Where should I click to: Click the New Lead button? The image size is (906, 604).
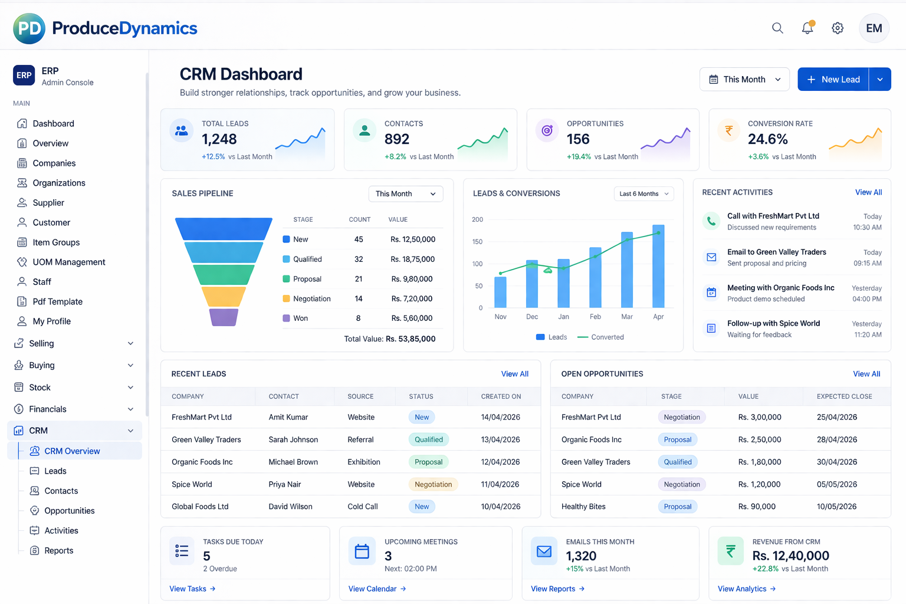pyautogui.click(x=833, y=80)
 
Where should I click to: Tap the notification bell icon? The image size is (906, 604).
pyautogui.click(x=807, y=28)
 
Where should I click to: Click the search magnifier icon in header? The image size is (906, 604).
pyautogui.click(x=777, y=28)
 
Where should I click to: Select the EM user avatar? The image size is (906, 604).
pyautogui.click(x=874, y=28)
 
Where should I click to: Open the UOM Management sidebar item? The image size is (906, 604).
pyautogui.click(x=68, y=262)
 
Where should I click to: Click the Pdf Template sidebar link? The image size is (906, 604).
pyautogui.click(x=57, y=301)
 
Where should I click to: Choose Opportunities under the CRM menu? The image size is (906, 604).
pyautogui.click(x=69, y=511)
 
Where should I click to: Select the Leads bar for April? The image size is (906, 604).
pyautogui.click(x=658, y=266)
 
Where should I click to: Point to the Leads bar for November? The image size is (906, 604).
pyautogui.click(x=500, y=292)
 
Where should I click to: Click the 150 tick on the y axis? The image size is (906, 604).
pyautogui.click(x=477, y=242)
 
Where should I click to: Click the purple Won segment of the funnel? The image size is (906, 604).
pyautogui.click(x=224, y=317)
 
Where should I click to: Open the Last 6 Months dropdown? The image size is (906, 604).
pyautogui.click(x=644, y=193)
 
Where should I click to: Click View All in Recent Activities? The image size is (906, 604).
pyautogui.click(x=868, y=192)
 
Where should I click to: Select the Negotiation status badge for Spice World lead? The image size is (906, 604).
pyautogui.click(x=433, y=484)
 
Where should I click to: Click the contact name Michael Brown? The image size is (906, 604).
pyautogui.click(x=293, y=462)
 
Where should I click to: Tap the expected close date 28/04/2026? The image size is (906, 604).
pyautogui.click(x=836, y=439)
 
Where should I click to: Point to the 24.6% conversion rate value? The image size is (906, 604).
pyautogui.click(x=767, y=139)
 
